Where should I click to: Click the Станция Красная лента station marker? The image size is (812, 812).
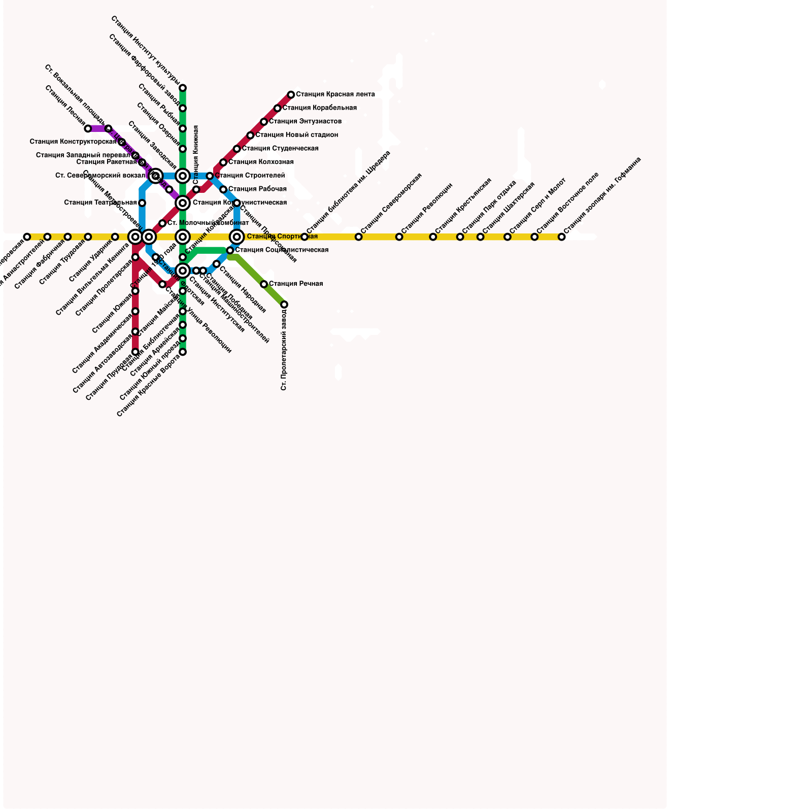pyautogui.click(x=291, y=95)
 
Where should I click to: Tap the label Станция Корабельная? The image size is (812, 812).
pyautogui.click(x=320, y=108)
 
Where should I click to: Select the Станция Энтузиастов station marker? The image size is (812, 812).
pyautogui.click(x=264, y=122)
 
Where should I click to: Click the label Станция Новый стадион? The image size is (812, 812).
pyautogui.click(x=297, y=135)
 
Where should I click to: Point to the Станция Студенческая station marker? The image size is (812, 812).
pyautogui.click(x=237, y=149)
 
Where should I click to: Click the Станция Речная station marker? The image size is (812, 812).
pyautogui.click(x=264, y=284)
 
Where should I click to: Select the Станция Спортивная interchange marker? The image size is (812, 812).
pyautogui.click(x=237, y=236)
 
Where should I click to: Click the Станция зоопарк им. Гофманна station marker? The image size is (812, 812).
pyautogui.click(x=562, y=237)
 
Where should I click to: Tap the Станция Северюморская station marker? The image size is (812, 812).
pyautogui.click(x=359, y=237)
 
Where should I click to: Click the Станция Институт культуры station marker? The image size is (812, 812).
pyautogui.click(x=183, y=88)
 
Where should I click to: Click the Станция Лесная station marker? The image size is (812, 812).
pyautogui.click(x=88, y=128)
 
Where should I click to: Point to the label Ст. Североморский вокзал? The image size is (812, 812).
pyautogui.click(x=100, y=176)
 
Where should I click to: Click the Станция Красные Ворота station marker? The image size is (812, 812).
pyautogui.click(x=183, y=352)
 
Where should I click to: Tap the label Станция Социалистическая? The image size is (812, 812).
pyautogui.click(x=282, y=250)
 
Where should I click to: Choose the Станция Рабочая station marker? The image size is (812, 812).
pyautogui.click(x=223, y=189)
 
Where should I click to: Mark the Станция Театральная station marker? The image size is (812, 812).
pyautogui.click(x=142, y=203)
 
